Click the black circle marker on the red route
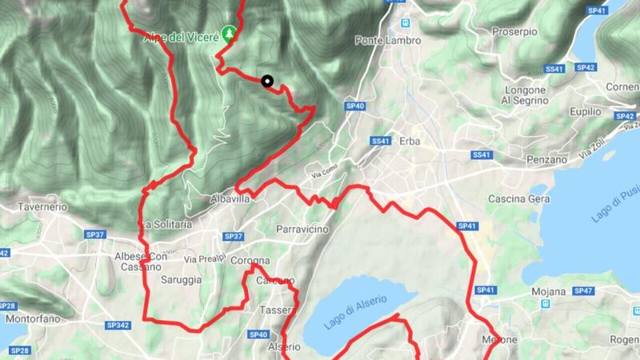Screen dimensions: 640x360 (266, 80)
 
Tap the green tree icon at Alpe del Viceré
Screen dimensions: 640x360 (231, 33)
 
